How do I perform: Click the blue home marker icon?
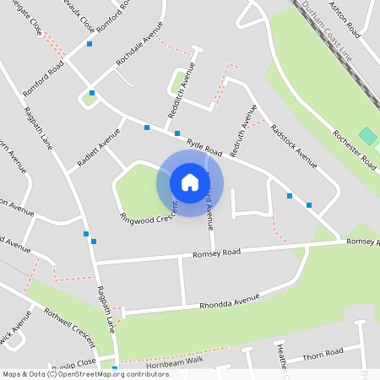pyautogui.click(x=190, y=182)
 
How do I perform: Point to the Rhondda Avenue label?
pyautogui.click(x=230, y=301)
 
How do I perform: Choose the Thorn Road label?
pyautogui.click(x=323, y=351)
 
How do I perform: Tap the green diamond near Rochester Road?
pyautogui.click(x=367, y=136)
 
